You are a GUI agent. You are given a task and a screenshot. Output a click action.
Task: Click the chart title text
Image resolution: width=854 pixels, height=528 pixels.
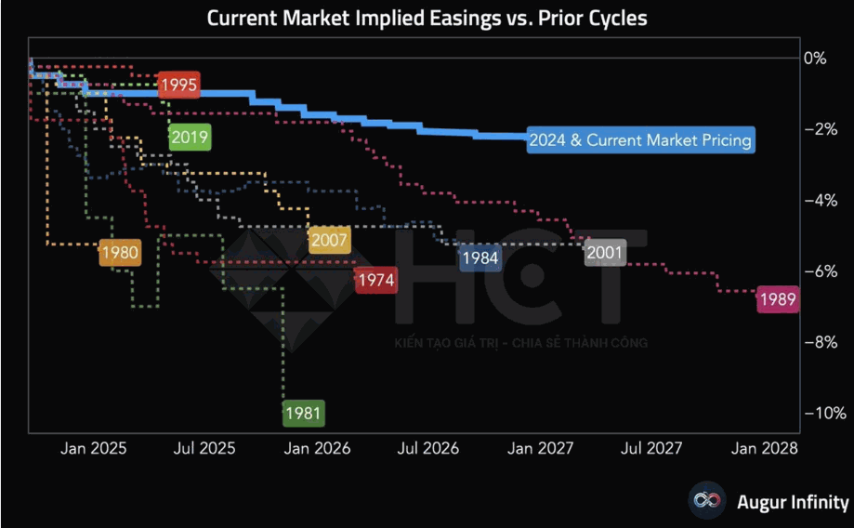(427, 18)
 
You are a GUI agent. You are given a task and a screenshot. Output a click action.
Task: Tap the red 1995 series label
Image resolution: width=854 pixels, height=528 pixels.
(178, 86)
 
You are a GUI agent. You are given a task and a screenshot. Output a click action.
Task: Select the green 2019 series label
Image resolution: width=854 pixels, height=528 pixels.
(190, 138)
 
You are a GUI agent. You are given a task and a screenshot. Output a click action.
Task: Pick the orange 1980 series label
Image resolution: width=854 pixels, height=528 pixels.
(120, 252)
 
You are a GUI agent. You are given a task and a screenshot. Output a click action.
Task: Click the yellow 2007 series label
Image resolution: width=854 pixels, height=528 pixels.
(329, 241)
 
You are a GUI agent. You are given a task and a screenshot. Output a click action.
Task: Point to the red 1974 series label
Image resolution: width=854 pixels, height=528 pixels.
(375, 279)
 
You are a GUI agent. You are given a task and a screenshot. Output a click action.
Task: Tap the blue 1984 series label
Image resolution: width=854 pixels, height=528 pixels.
(480, 258)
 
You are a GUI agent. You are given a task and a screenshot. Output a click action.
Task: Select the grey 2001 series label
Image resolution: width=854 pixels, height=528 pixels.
(605, 252)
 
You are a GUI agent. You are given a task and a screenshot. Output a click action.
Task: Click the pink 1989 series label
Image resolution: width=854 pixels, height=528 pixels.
(776, 299)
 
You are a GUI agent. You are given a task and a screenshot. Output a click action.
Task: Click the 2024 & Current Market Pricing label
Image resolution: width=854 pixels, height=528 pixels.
(640, 141)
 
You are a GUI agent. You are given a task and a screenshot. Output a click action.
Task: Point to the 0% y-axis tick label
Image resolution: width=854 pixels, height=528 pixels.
(814, 58)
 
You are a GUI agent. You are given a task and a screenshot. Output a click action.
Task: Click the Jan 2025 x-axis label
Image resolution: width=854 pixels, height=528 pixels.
(94, 448)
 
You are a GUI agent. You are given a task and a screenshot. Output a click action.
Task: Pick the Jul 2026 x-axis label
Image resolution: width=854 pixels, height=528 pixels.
(427, 448)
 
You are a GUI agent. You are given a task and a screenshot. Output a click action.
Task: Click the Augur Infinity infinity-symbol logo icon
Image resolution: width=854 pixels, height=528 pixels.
(707, 502)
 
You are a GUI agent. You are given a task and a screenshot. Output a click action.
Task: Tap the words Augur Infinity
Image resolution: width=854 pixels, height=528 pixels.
(793, 503)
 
